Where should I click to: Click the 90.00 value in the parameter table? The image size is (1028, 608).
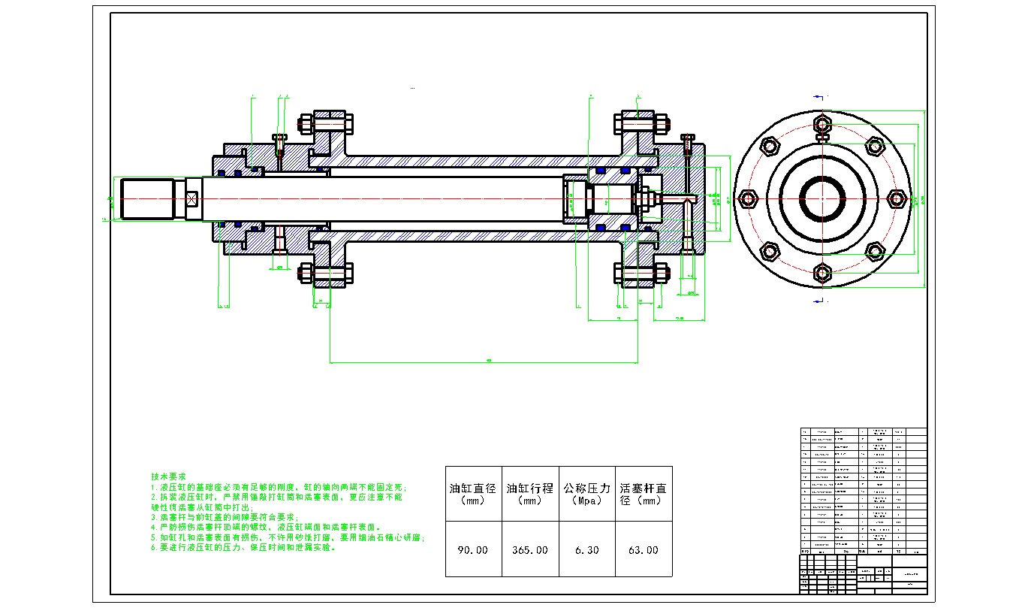click(473, 550)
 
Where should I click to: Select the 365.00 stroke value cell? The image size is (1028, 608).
click(530, 550)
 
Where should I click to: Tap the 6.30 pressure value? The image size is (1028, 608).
click(587, 550)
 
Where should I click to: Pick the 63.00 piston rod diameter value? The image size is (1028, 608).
click(644, 550)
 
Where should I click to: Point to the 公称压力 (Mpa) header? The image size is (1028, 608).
click(587, 494)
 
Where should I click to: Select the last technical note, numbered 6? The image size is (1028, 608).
click(243, 548)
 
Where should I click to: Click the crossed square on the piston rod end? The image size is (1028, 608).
click(192, 199)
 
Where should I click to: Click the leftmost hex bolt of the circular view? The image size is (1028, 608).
click(747, 199)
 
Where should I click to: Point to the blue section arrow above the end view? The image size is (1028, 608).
click(820, 96)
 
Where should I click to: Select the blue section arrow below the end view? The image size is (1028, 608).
click(820, 301)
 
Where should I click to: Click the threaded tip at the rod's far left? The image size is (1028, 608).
click(146, 199)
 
